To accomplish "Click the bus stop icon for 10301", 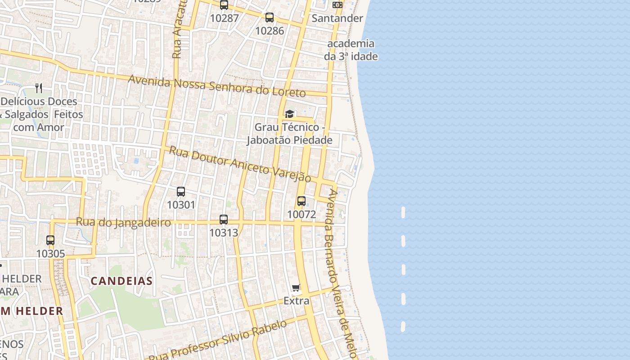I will pyautogui.click(x=181, y=192).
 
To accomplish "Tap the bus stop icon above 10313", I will pyautogui.click(x=224, y=220).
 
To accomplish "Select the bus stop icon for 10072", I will pyautogui.click(x=301, y=201).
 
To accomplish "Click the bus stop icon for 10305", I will pyautogui.click(x=50, y=240).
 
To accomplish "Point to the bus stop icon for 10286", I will pyautogui.click(x=270, y=18).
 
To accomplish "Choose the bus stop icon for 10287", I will pyautogui.click(x=224, y=5).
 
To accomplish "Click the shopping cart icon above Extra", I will pyautogui.click(x=296, y=288).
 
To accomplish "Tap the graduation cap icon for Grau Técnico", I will pyautogui.click(x=290, y=114).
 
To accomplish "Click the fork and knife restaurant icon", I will pyautogui.click(x=39, y=88).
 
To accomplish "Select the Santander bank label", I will pyautogui.click(x=337, y=18).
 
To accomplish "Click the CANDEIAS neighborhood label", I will pyautogui.click(x=121, y=281).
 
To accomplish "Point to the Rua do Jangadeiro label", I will pyautogui.click(x=123, y=222).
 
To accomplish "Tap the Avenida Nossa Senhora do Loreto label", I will pyautogui.click(x=217, y=86).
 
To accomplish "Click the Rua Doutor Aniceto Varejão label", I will pyautogui.click(x=240, y=164).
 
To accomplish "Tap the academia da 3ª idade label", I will pyautogui.click(x=351, y=50).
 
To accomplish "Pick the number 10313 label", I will pyautogui.click(x=224, y=233).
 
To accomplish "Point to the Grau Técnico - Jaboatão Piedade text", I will pyautogui.click(x=289, y=134).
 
